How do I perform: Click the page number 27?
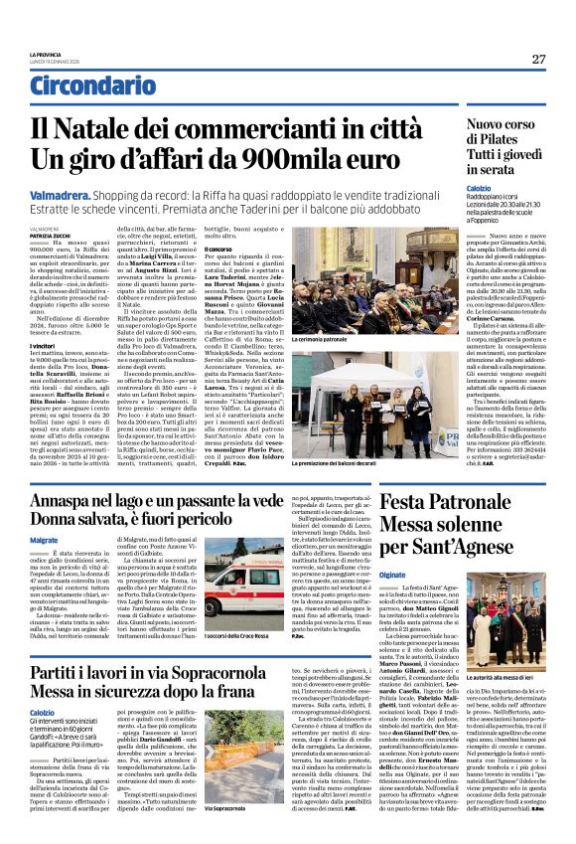pos(538,59)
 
